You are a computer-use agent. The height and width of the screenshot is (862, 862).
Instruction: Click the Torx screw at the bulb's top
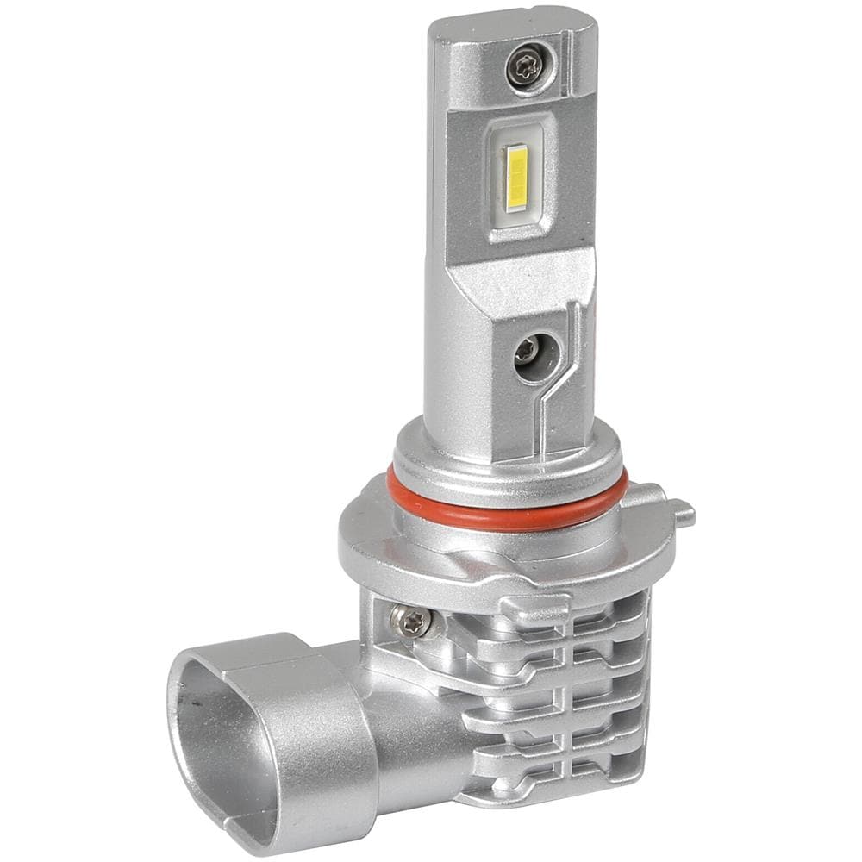523,66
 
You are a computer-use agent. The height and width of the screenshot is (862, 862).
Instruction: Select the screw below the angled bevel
528,350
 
